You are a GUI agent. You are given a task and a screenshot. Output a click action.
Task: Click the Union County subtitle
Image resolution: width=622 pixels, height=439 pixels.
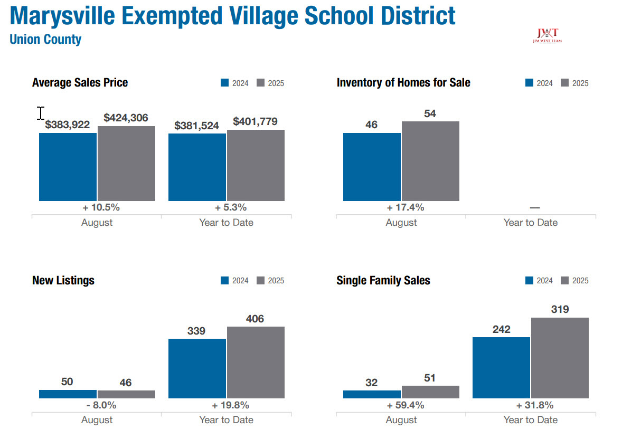coord(45,39)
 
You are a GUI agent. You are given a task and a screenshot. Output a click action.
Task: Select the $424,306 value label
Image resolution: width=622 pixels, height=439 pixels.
coord(126,118)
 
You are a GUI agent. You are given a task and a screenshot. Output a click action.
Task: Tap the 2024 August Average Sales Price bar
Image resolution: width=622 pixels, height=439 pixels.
coord(68,167)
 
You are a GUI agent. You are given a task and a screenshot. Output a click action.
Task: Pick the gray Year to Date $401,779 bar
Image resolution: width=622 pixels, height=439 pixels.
coord(256,165)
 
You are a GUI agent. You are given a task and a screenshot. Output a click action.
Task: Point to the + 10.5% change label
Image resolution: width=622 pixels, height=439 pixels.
coord(97,207)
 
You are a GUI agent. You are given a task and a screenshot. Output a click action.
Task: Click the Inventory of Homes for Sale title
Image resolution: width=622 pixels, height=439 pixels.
coord(403,83)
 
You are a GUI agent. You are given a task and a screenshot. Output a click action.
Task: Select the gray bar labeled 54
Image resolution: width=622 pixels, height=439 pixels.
coord(430,161)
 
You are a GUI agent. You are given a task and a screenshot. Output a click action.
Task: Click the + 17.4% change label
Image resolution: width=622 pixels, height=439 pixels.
coord(401,207)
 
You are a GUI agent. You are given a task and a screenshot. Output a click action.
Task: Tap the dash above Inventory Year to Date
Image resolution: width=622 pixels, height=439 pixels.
coord(534,208)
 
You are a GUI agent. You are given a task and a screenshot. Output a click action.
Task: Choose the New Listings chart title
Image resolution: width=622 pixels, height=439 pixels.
coord(63,280)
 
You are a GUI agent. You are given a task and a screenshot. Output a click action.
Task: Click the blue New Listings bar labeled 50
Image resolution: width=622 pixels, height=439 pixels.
coord(68,394)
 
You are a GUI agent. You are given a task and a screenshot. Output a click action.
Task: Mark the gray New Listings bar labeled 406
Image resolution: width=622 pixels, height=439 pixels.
coord(256,362)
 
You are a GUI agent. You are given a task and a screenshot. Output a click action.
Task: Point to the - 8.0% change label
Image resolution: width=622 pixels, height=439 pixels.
coord(97,405)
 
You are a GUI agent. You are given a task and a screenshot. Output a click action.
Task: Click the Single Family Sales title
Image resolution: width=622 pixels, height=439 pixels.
coord(383,280)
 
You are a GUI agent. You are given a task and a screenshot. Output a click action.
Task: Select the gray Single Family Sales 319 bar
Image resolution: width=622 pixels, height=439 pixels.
coord(560,358)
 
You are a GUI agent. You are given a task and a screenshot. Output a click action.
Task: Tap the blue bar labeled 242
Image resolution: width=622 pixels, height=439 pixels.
coord(501,368)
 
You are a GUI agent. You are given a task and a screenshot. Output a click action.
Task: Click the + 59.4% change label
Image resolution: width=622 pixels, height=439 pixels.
coord(401,405)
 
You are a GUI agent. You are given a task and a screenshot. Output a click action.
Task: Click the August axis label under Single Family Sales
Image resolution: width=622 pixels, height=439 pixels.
coord(401,420)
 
